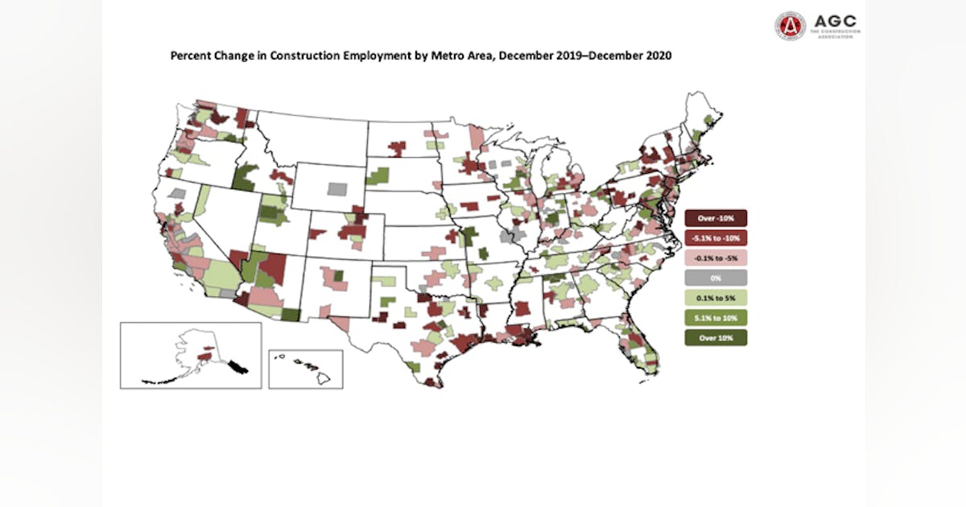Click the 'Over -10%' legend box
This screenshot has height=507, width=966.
[716, 218]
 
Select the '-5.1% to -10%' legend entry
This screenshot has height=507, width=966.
[716, 238]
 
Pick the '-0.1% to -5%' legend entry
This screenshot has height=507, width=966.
[716, 258]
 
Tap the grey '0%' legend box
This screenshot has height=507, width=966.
[716, 278]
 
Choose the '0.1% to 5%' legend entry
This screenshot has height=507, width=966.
[716, 297]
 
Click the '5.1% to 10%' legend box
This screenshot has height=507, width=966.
[716, 317]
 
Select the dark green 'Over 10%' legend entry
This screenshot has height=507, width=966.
[716, 337]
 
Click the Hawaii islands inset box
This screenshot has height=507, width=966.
[305, 369]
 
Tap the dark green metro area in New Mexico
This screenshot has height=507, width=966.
[338, 275]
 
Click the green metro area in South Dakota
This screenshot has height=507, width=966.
[376, 175]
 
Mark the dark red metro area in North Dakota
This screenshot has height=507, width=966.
[396, 147]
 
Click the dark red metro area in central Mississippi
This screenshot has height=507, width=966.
[522, 307]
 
